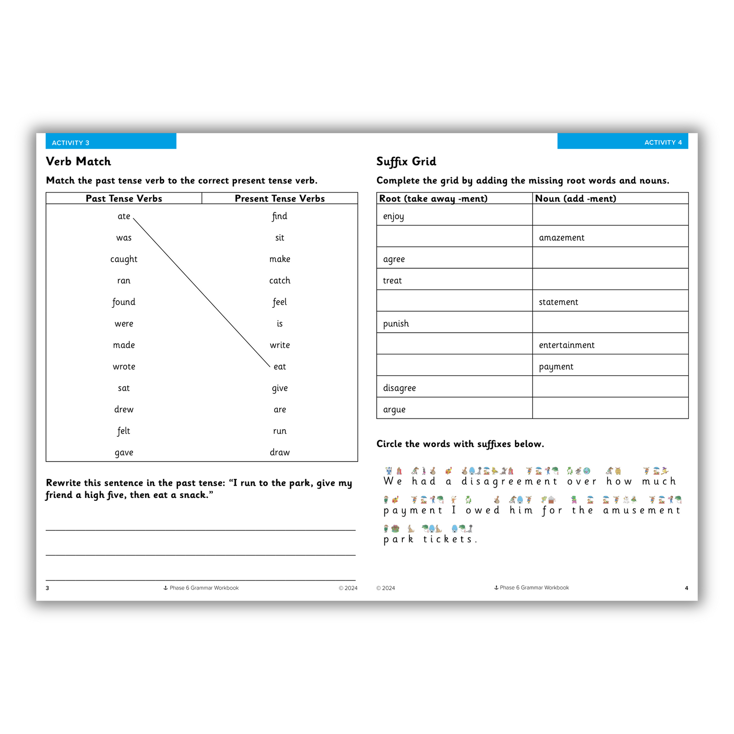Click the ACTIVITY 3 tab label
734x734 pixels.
[x=71, y=143]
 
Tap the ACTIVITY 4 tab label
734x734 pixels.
[x=663, y=142]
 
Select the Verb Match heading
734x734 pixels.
[x=78, y=162]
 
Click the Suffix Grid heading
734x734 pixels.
[x=406, y=162]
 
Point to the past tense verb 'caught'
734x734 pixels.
[x=124, y=259]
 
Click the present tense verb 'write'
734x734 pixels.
[x=280, y=345]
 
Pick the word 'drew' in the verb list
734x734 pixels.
[x=124, y=409]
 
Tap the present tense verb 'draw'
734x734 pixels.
[x=280, y=452]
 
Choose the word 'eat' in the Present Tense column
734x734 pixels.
[x=280, y=367]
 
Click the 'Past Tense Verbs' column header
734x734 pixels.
[x=124, y=199]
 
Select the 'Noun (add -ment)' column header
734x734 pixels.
[x=576, y=199]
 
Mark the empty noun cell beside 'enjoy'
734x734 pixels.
[x=610, y=215]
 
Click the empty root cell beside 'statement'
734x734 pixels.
[x=454, y=301]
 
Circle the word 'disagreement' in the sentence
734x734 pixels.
[x=509, y=481]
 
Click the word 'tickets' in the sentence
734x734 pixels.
[x=450, y=539]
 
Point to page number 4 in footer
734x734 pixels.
[x=686, y=588]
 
